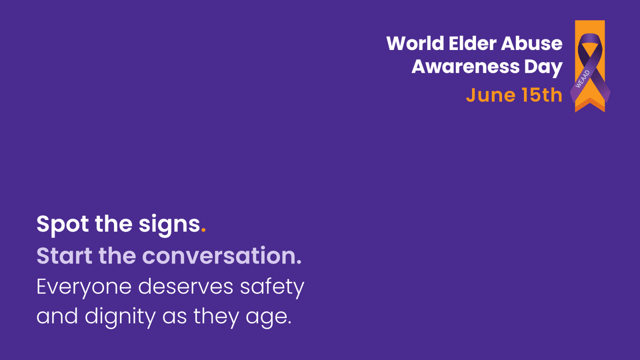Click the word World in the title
(x=415, y=44)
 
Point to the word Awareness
(x=465, y=66)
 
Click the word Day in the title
(x=543, y=68)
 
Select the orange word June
(x=490, y=95)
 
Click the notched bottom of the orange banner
(x=590, y=105)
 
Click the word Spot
(x=62, y=224)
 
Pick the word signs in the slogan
(x=169, y=225)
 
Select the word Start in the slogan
(x=64, y=256)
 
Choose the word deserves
(x=186, y=286)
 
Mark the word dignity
(x=120, y=317)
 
